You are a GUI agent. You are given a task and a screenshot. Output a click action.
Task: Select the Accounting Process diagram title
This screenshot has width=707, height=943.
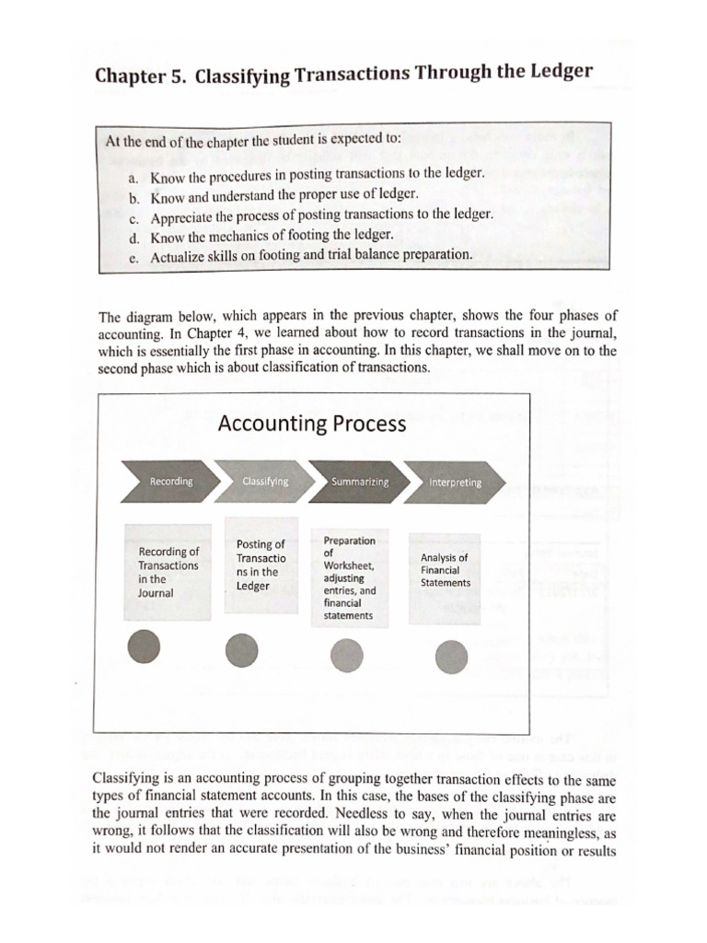coord(312,424)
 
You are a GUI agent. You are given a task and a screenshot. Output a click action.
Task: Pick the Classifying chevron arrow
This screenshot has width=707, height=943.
coord(265,482)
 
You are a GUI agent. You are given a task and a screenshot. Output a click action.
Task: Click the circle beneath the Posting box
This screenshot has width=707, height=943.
coord(242,651)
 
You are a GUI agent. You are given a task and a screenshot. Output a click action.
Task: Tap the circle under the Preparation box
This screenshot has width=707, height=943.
coord(345,655)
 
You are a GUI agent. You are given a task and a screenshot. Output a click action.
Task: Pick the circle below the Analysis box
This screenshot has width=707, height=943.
coord(451,657)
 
